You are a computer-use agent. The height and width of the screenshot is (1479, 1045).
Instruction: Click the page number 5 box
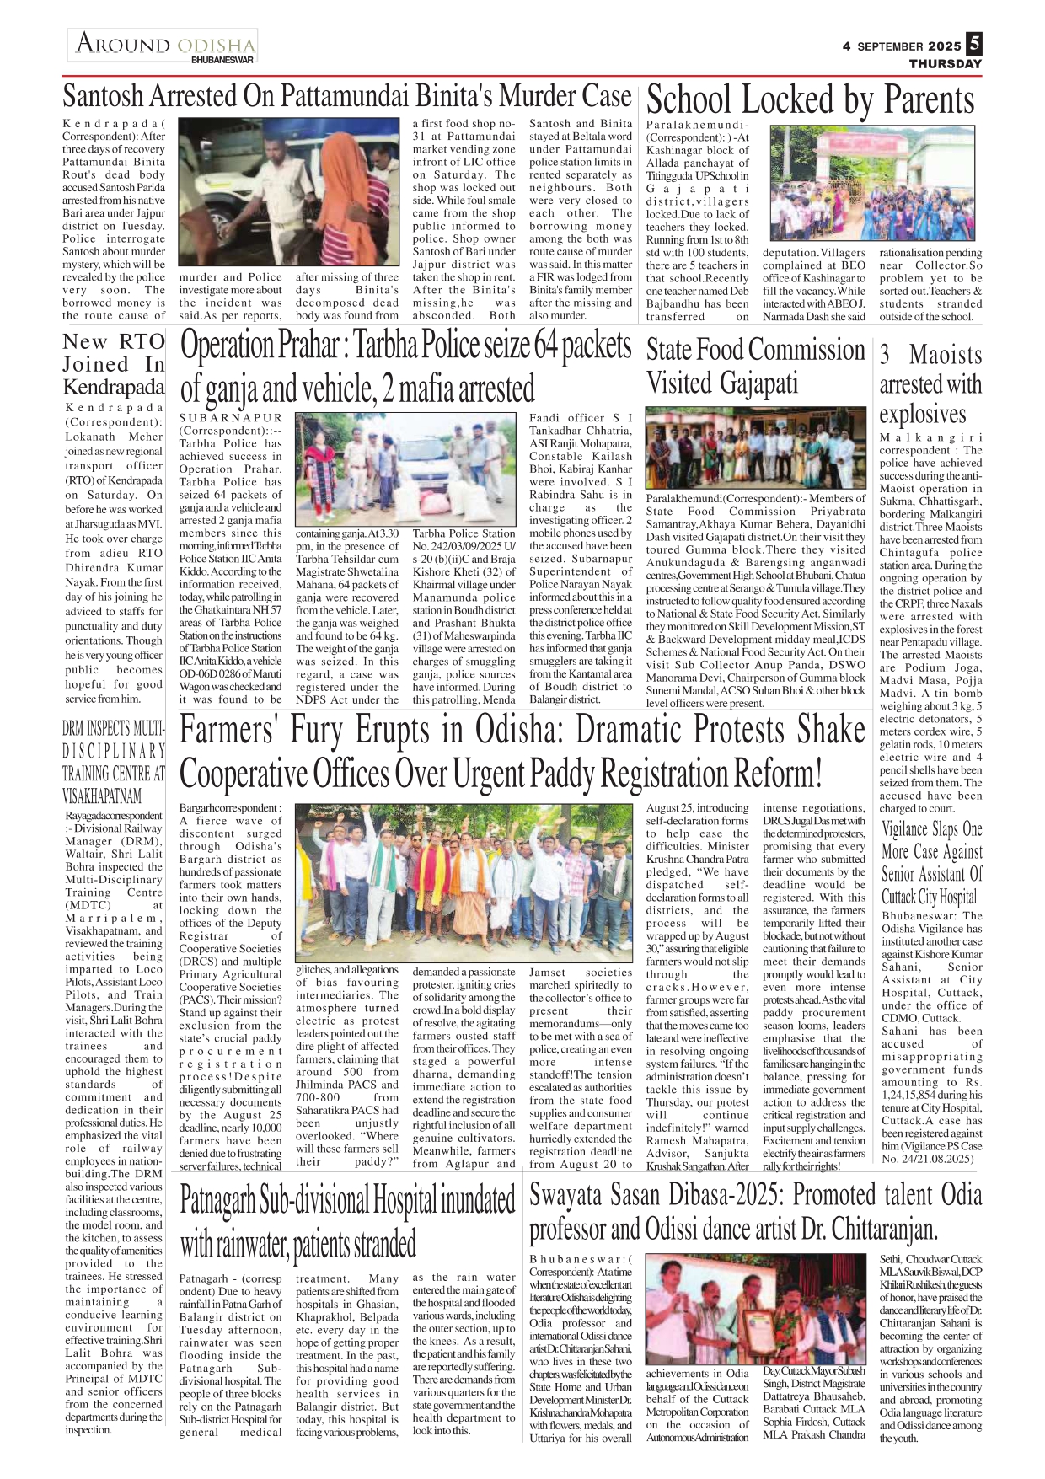tap(974, 43)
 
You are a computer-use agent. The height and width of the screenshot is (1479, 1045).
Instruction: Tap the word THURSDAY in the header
tap(945, 64)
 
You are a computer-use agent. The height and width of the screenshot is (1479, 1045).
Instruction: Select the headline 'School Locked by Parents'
tap(810, 100)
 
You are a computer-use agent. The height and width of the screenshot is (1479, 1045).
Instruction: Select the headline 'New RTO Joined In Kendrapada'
tap(114, 365)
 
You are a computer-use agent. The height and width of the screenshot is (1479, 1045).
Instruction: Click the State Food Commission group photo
tap(756, 447)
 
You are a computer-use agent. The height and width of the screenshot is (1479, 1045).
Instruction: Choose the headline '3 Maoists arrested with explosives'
tap(930, 384)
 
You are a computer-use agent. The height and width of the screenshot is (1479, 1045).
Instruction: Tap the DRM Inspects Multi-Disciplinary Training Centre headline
tap(114, 762)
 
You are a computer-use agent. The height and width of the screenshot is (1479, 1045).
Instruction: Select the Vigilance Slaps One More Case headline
tap(931, 863)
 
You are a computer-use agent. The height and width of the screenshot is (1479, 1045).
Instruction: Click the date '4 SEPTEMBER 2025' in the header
tap(901, 46)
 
